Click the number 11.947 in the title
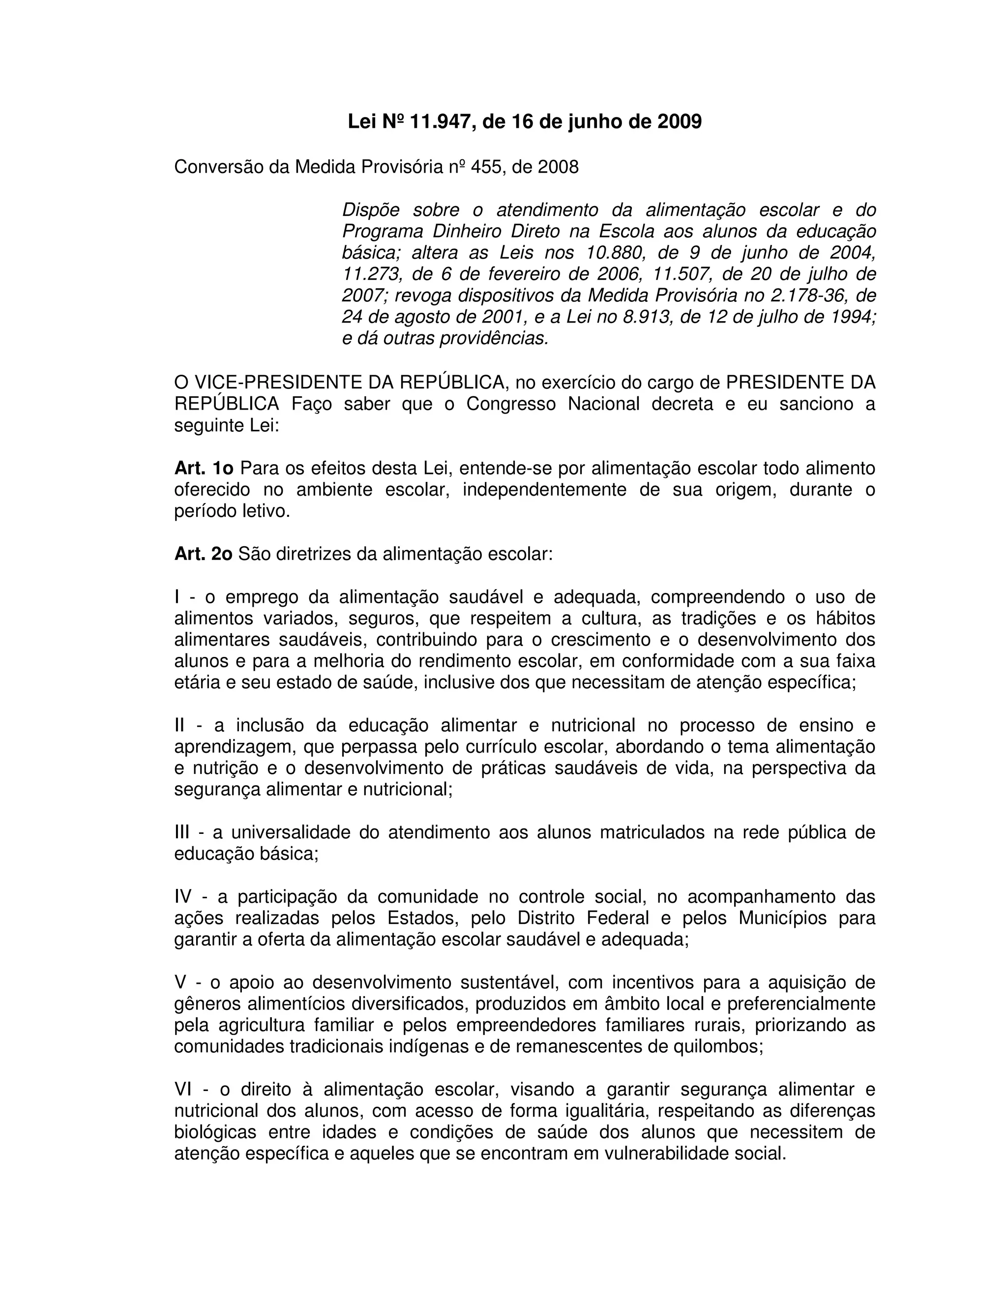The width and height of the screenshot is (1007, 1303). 440,122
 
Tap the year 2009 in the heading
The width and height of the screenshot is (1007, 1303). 679,122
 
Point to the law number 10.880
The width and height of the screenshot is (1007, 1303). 616,253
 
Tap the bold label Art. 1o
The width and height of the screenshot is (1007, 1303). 204,468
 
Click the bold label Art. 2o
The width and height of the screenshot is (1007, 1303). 203,554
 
